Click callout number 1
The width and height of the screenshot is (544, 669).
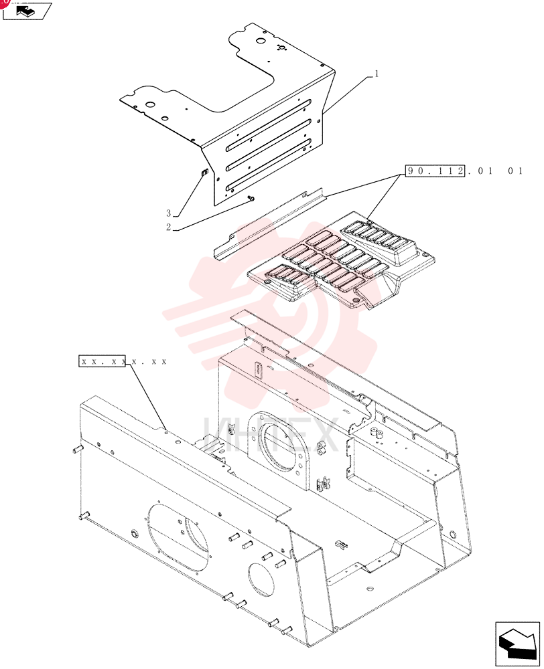point(377,74)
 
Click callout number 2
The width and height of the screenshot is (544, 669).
point(168,227)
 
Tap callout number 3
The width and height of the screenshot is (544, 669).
point(168,213)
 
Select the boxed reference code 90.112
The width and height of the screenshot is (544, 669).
point(435,171)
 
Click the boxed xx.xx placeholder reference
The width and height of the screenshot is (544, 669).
point(102,361)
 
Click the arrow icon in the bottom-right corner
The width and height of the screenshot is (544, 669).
point(517,644)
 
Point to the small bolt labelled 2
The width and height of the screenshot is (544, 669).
point(251,197)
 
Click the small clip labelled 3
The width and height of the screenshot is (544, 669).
point(204,173)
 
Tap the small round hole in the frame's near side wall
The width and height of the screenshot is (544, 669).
point(261,578)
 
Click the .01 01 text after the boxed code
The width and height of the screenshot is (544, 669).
point(495,171)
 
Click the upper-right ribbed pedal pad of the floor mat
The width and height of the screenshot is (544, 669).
point(379,240)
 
